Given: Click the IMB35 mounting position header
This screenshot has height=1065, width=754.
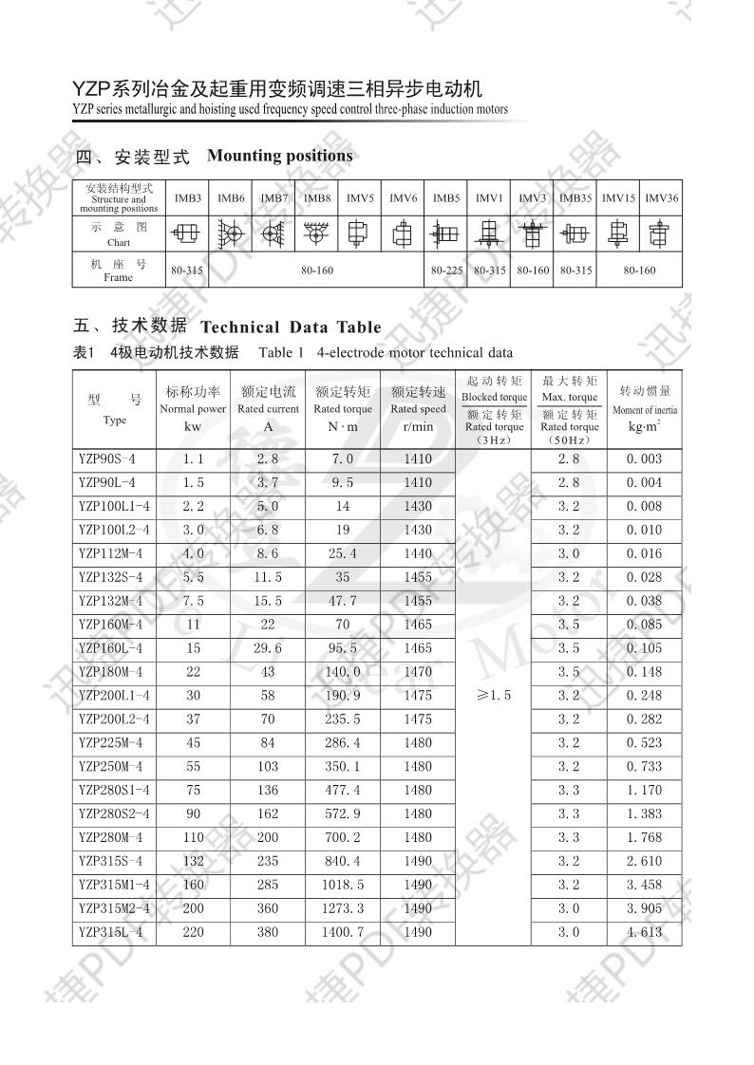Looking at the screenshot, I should (575, 198).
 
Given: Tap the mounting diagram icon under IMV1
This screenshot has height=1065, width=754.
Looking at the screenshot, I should (489, 234).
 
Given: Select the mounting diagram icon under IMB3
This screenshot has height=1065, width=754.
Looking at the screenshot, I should (187, 234).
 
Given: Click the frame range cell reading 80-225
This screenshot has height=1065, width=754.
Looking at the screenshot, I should (446, 270).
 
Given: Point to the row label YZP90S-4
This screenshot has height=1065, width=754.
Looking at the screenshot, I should (106, 459).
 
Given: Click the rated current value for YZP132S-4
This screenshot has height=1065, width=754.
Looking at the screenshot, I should (268, 577).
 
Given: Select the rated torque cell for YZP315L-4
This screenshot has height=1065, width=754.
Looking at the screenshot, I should (343, 932).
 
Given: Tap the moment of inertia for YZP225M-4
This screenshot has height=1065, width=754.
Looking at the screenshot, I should (644, 743).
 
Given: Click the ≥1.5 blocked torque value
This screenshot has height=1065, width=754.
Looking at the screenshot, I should (493, 696).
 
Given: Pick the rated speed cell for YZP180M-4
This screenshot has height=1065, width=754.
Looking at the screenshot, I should (418, 672).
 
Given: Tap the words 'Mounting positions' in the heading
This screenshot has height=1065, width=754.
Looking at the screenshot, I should (279, 156).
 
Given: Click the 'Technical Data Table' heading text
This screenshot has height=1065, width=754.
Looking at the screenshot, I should (291, 327).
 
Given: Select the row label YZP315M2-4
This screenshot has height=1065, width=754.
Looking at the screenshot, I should (114, 908).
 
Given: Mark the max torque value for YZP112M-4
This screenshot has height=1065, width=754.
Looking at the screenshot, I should (568, 553).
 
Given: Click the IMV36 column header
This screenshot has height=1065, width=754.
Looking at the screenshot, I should (662, 198).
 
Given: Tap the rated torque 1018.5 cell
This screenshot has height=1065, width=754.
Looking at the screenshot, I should (343, 885).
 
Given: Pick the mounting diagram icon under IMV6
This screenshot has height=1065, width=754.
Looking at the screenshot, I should (403, 234).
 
